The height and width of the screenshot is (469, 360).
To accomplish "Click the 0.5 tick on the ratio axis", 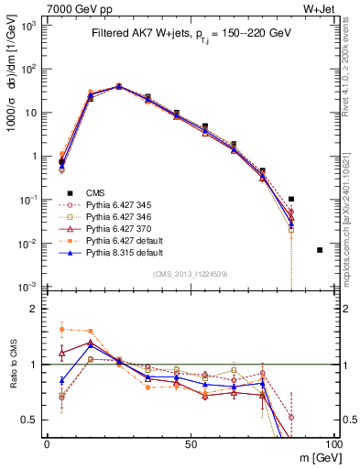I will point(33,420).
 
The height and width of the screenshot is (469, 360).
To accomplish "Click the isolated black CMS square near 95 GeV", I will point(320,250).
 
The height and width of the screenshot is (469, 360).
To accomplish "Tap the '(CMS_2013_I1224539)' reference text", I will point(190,273).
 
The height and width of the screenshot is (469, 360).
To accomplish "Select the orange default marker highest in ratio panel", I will point(61,329).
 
